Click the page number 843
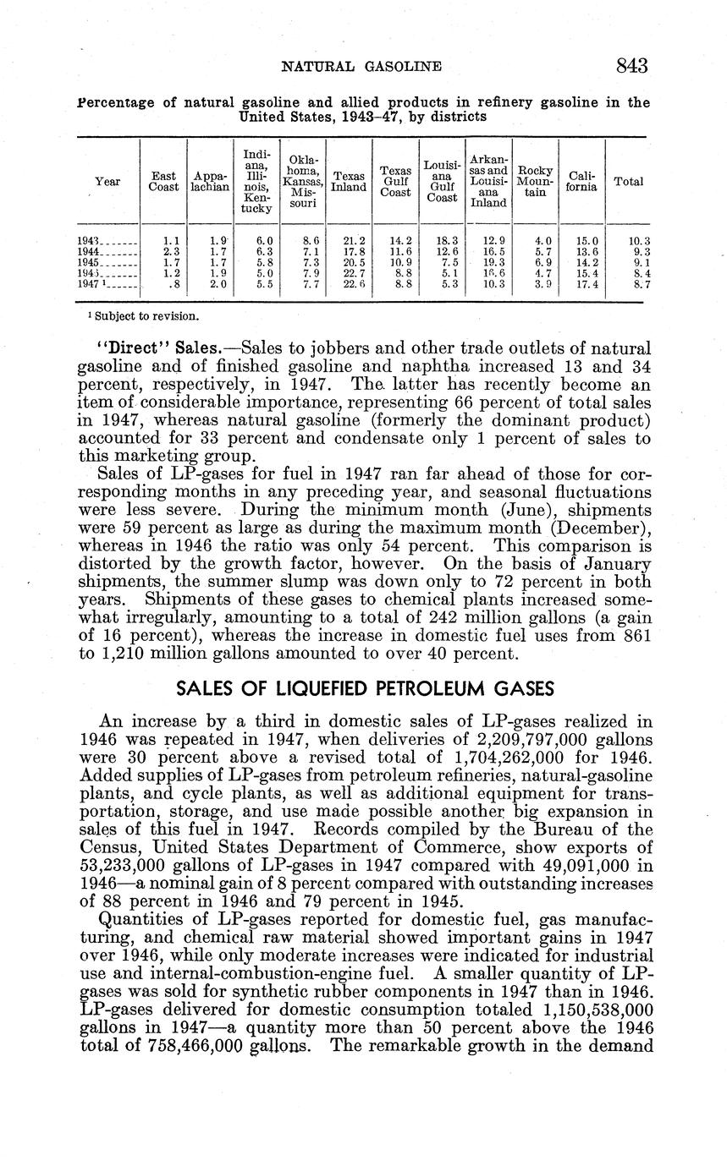[x=631, y=66]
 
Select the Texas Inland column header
[x=348, y=182]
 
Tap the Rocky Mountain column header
[x=535, y=182]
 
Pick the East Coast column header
[x=163, y=182]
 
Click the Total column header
[x=628, y=182]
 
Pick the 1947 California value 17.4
[x=583, y=284]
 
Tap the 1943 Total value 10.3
[x=640, y=241]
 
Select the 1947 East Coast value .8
[x=174, y=284]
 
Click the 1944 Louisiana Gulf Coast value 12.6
[x=445, y=251]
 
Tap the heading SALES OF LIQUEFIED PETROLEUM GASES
[x=364, y=689]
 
